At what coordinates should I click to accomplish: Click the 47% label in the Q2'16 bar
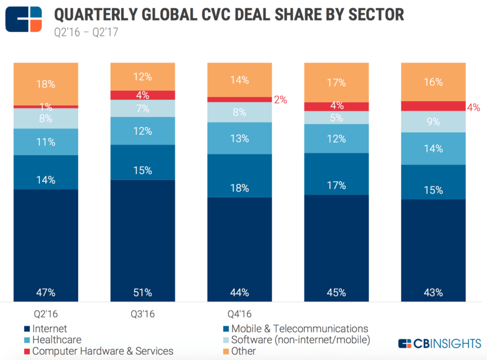click(46, 292)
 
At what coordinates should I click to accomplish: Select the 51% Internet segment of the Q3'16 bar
click(143, 238)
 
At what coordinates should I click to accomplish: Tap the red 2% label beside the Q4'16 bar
click(281, 100)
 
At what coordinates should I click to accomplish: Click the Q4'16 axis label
click(240, 314)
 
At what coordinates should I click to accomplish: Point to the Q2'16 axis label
click(46, 314)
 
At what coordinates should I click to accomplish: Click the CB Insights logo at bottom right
click(439, 343)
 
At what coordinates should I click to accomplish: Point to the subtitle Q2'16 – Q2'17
click(86, 32)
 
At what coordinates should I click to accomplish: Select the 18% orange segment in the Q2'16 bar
click(46, 84)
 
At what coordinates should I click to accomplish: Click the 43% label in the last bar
click(433, 292)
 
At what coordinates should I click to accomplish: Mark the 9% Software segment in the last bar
click(433, 122)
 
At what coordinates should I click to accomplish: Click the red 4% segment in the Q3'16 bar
click(143, 95)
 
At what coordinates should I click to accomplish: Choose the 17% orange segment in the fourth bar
click(336, 83)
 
